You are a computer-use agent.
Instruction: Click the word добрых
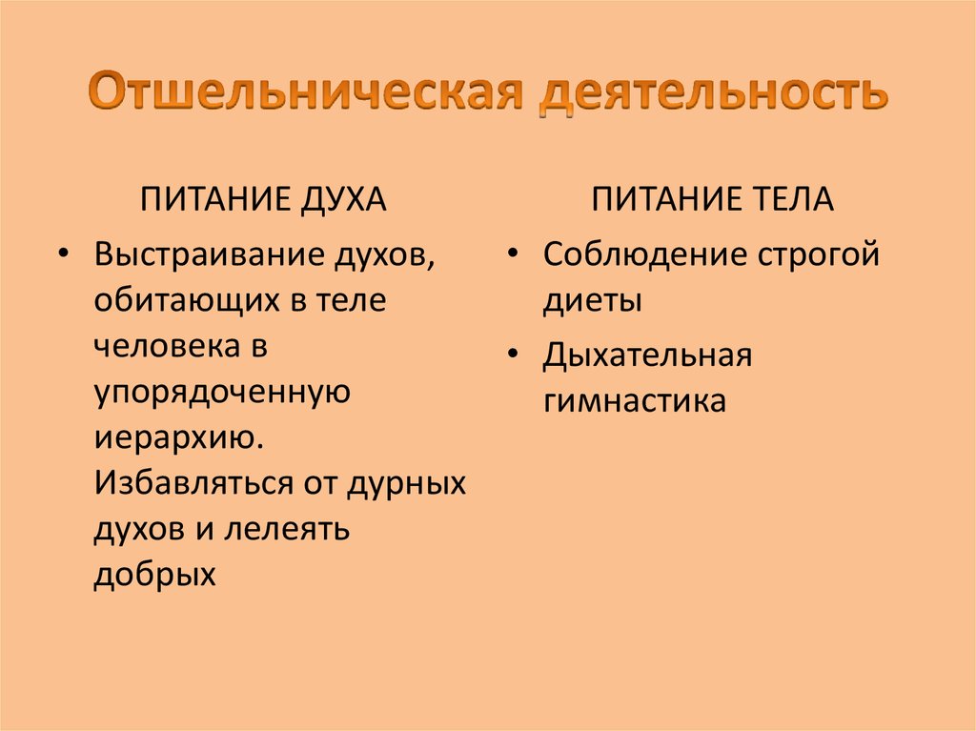152,574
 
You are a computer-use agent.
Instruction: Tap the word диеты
592,301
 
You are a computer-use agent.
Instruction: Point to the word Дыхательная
648,355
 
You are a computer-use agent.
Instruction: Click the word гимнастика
635,400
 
